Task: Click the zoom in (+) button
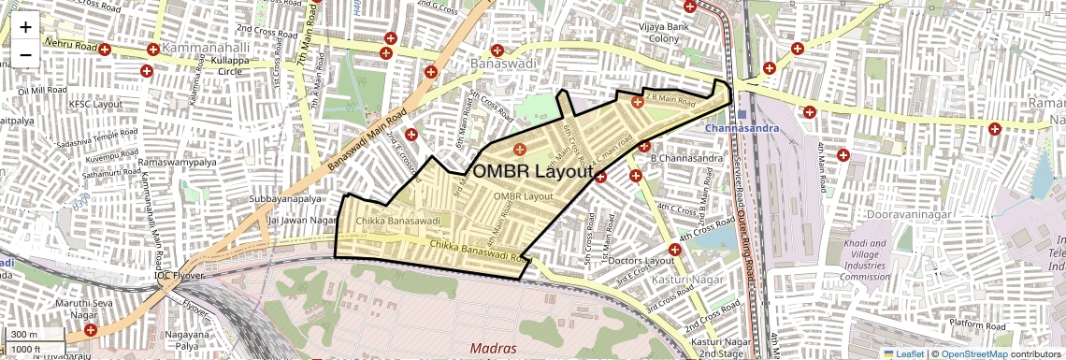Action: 25,28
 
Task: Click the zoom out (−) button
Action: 25,54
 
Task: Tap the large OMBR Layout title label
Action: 533,172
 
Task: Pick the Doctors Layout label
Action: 641,260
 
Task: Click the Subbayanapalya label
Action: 285,199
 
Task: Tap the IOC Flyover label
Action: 180,277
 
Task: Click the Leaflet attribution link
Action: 905,353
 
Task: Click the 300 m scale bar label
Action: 25,335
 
